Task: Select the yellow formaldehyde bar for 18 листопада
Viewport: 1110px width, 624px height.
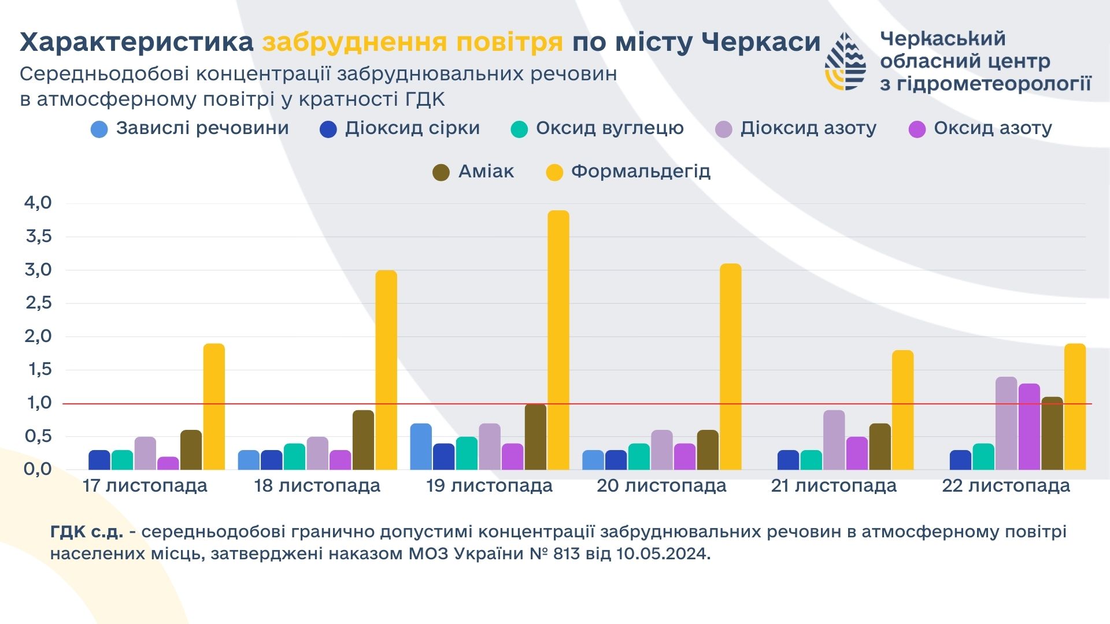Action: tap(386, 370)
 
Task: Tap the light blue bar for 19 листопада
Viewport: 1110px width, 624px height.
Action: tap(421, 446)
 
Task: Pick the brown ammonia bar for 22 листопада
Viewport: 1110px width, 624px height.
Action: tap(1052, 433)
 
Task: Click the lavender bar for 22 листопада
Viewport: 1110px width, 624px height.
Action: tap(1006, 423)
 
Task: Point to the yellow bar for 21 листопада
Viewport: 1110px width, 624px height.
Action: tap(902, 410)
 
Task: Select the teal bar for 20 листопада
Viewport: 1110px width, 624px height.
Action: tap(639, 456)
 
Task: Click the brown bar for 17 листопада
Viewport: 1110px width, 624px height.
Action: tap(191, 450)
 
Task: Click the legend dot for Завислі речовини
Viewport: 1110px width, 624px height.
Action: tap(99, 129)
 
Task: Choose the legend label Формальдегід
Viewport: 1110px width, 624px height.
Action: tap(641, 172)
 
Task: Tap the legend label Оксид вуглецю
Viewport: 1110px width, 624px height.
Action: tap(609, 128)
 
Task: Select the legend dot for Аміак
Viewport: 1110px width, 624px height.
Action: tap(441, 172)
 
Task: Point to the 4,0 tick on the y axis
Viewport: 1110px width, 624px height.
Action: tap(38, 203)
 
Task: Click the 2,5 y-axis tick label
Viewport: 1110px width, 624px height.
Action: tap(38, 303)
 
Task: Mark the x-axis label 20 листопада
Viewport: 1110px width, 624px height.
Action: tap(661, 486)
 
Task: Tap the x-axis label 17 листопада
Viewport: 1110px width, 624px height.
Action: tap(145, 486)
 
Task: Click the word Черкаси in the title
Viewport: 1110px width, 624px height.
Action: tap(761, 42)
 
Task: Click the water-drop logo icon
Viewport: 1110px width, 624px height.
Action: tap(845, 61)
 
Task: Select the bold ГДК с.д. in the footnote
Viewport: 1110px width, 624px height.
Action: tap(87, 532)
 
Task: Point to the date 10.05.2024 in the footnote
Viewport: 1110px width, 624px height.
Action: tap(663, 554)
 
